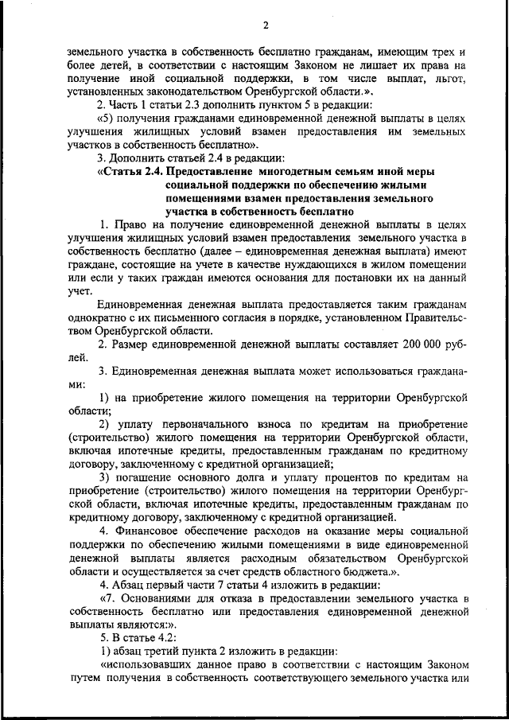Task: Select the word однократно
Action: click(95, 317)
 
